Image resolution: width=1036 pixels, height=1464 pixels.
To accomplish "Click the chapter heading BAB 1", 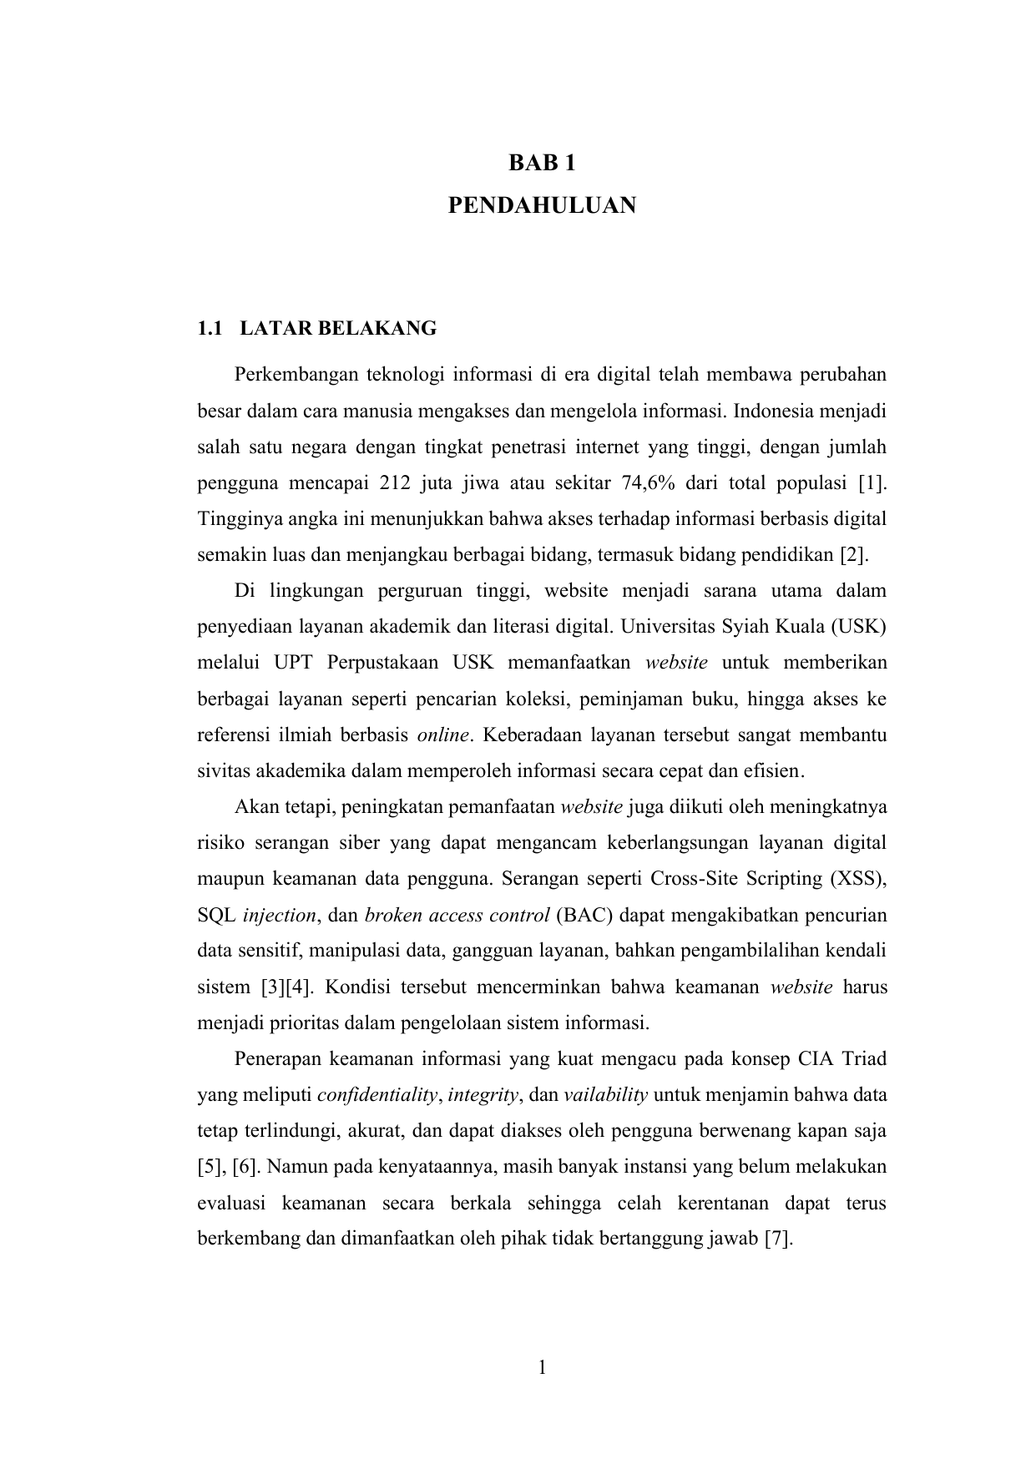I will tap(542, 164).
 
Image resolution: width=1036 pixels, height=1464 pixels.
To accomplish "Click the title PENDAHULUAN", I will tap(542, 205).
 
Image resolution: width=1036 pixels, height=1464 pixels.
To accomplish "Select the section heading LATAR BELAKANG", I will tap(338, 329).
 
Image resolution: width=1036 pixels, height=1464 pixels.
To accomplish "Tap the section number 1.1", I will tap(210, 329).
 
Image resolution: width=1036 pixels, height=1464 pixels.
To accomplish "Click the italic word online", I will tap(443, 735).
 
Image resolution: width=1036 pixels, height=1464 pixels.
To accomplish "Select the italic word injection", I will tap(280, 916).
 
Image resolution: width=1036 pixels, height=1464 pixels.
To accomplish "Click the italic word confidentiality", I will tap(377, 1095).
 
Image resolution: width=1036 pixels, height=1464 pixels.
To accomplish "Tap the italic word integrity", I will tap(484, 1095).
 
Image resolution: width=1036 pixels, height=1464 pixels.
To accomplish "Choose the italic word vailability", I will tap(606, 1095).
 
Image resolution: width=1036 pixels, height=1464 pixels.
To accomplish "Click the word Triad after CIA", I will tap(864, 1059).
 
